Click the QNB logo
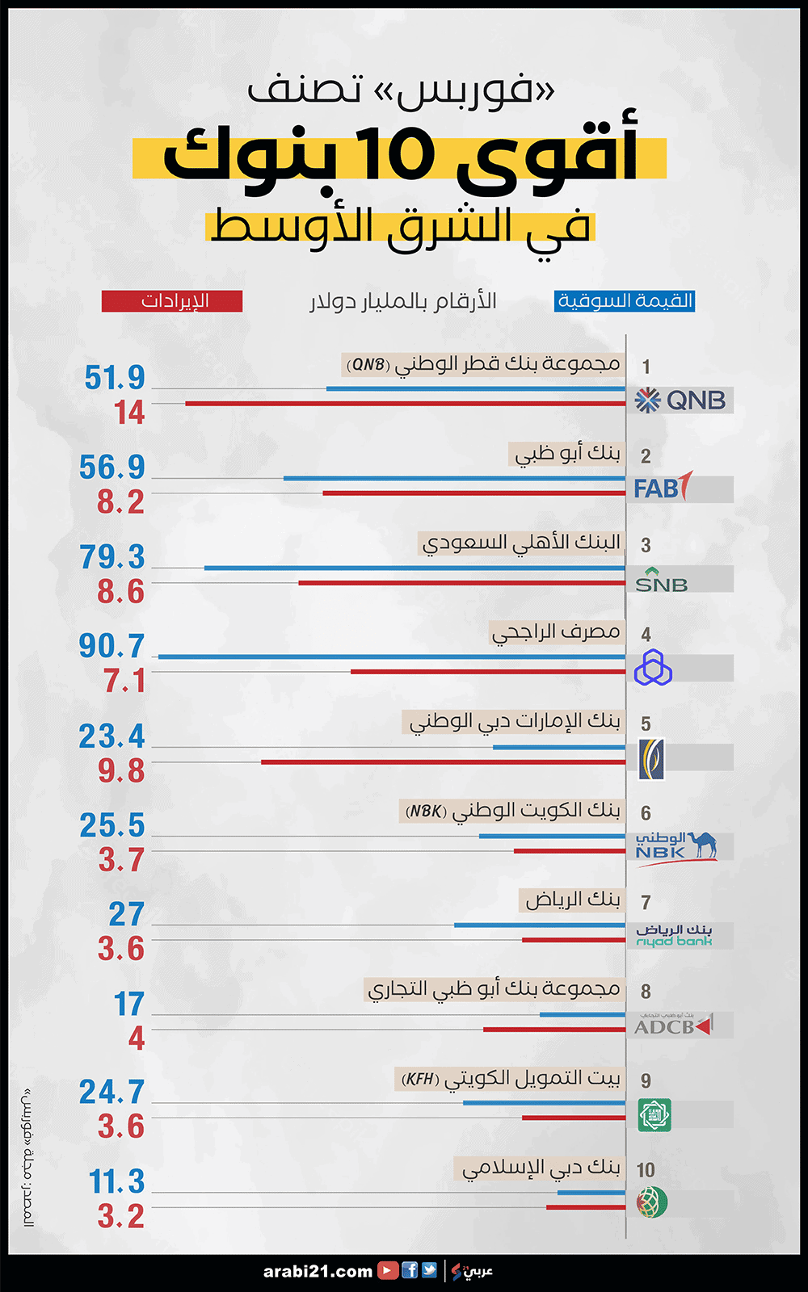[x=680, y=400]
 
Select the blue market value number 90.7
[x=112, y=646]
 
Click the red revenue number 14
[x=129, y=413]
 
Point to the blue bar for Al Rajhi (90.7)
[x=392, y=656]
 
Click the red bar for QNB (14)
[x=405, y=403]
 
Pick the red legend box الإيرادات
[x=172, y=301]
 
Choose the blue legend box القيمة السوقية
[x=625, y=301]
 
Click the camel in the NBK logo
[x=702, y=844]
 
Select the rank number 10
[x=645, y=1170]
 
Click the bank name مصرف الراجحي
[x=556, y=631]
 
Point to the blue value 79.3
[x=112, y=556]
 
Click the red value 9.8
[x=121, y=770]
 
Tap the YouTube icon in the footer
[x=388, y=1270]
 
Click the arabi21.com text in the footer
[x=318, y=1271]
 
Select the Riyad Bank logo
[x=674, y=935]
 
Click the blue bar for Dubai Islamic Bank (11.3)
[x=591, y=1192]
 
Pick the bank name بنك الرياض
[x=572, y=899]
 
